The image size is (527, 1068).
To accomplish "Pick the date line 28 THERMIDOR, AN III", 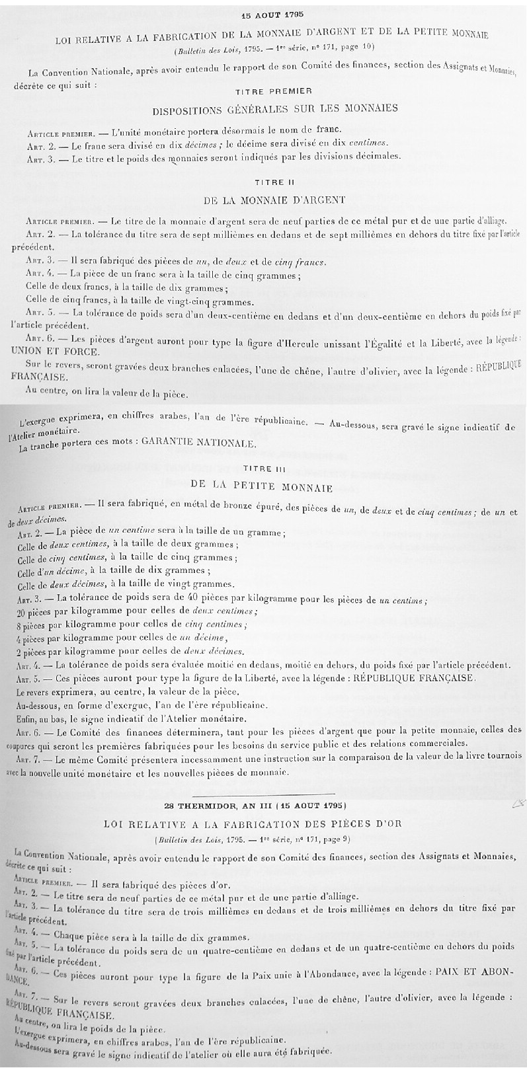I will (264, 806).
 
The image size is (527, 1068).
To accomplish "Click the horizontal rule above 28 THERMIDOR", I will (264, 793).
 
